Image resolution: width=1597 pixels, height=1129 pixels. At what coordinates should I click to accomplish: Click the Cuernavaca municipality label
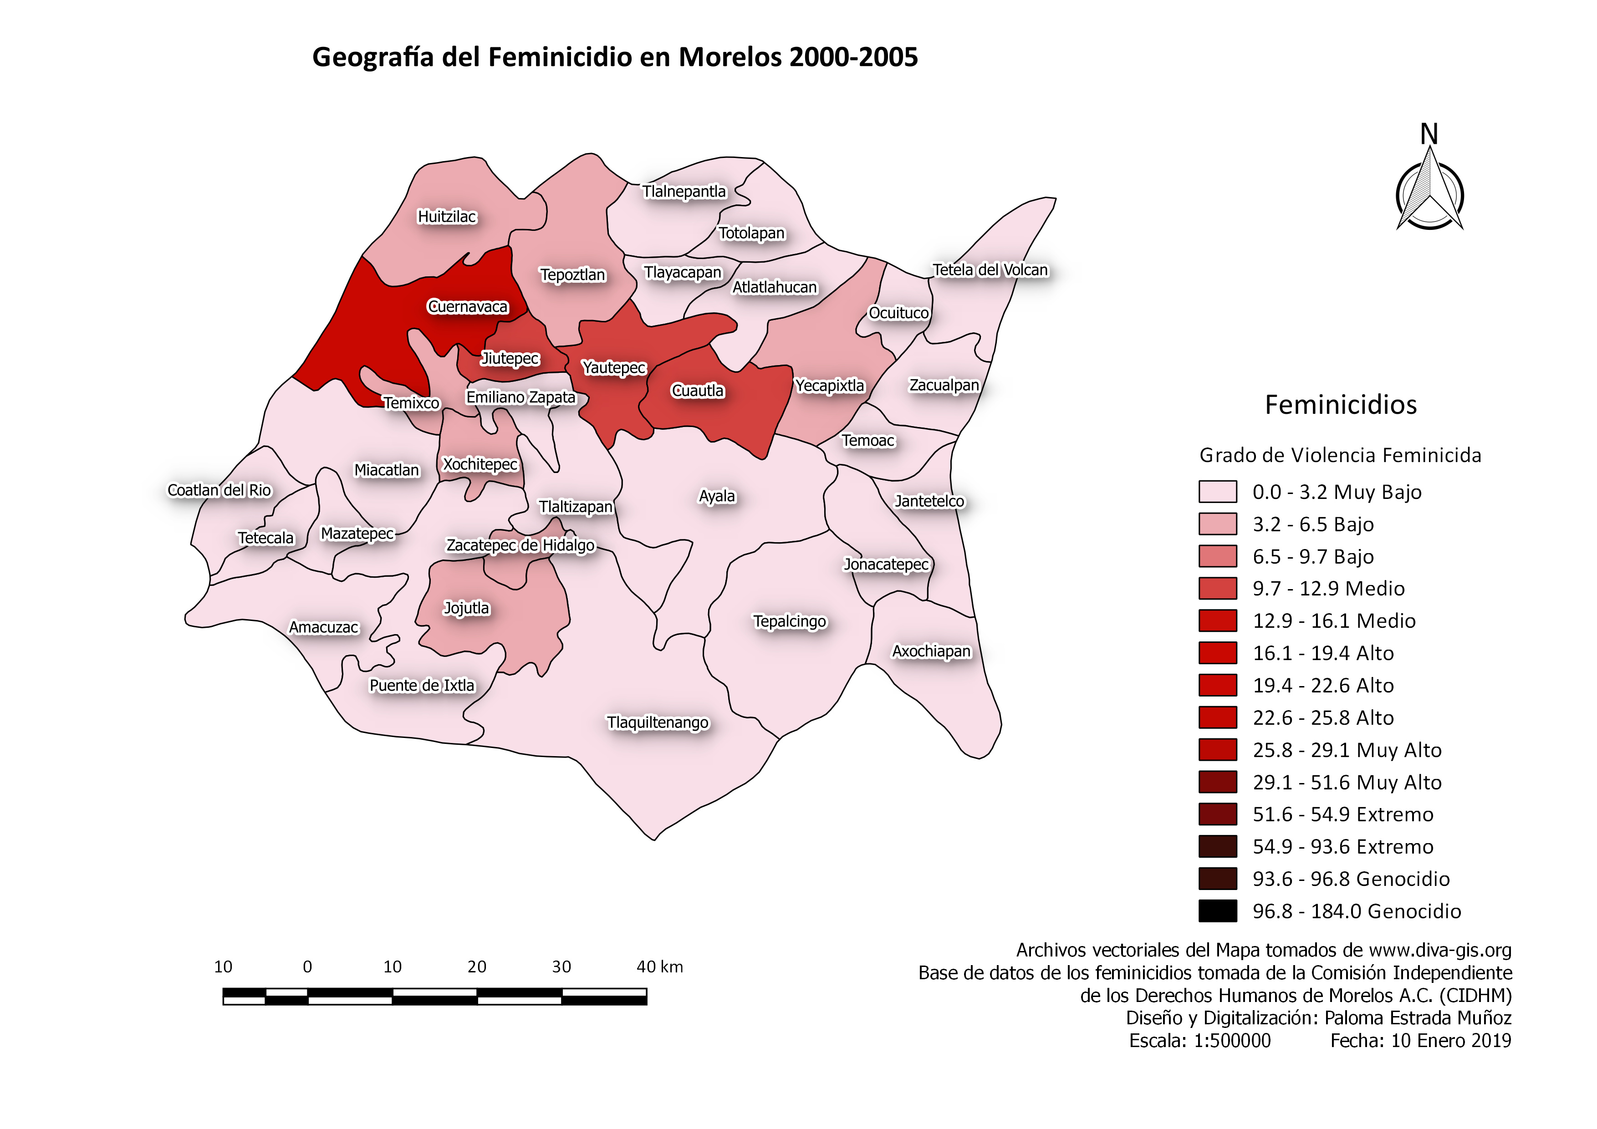tap(467, 306)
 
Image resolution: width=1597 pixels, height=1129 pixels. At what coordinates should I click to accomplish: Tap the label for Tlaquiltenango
tap(657, 722)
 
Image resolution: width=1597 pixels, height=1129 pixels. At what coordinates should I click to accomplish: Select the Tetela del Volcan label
tap(990, 270)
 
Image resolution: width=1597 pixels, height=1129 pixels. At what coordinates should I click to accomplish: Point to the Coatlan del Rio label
tap(219, 490)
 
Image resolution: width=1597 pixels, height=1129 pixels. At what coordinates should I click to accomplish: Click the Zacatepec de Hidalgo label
tap(520, 545)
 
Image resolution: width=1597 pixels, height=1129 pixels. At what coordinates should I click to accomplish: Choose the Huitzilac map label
tap(447, 217)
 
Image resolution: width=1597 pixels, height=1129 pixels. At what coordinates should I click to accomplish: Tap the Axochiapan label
tap(931, 651)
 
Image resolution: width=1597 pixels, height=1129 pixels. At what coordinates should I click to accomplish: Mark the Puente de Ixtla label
tap(422, 686)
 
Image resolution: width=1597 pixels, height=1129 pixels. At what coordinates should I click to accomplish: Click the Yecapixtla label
tap(829, 386)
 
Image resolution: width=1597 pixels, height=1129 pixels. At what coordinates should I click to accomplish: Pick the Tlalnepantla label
tap(684, 191)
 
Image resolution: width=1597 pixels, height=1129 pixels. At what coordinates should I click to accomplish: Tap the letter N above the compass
tap(1429, 134)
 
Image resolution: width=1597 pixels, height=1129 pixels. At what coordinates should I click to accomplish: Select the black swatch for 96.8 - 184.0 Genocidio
tap(1217, 910)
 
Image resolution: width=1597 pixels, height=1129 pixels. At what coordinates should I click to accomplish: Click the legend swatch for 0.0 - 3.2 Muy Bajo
tap(1217, 492)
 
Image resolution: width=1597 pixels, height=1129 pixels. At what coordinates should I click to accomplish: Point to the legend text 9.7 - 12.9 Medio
tap(1328, 589)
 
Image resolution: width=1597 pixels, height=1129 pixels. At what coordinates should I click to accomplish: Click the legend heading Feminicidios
tap(1340, 405)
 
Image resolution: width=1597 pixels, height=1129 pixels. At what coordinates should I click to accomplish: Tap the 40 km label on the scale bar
tap(659, 967)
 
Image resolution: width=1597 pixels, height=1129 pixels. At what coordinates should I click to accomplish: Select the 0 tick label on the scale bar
tap(307, 967)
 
